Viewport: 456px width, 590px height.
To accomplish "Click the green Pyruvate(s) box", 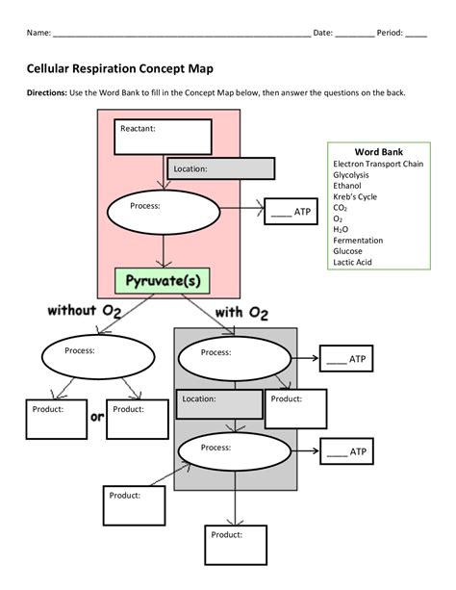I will click(x=162, y=281).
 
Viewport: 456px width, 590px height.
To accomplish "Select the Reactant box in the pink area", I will click(x=164, y=138).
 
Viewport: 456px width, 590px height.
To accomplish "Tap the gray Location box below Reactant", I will click(x=221, y=168).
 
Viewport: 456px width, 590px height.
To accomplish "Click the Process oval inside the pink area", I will click(x=163, y=212).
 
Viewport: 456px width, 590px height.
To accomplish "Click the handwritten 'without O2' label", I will click(x=85, y=311).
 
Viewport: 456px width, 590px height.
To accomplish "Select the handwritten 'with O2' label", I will click(x=241, y=312).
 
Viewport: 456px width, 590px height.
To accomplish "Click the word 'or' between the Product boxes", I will click(x=97, y=417).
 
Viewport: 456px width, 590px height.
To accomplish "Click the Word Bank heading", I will click(x=379, y=152).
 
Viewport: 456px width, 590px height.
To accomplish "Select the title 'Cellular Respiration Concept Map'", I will click(x=119, y=69).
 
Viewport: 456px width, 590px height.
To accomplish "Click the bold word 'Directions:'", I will click(x=45, y=93).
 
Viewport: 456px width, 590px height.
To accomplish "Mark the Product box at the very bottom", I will click(x=236, y=544).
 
